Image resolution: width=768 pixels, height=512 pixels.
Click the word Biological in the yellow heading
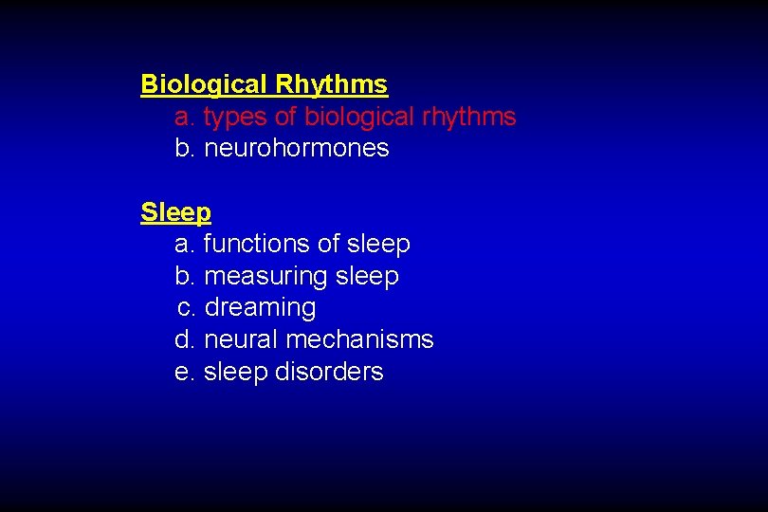(x=204, y=85)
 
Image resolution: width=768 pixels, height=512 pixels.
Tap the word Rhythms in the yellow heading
(x=331, y=85)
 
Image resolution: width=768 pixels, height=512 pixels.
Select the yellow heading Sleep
(x=175, y=211)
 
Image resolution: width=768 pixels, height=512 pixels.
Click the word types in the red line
(x=230, y=118)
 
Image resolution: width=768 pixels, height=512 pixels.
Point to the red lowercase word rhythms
(x=469, y=118)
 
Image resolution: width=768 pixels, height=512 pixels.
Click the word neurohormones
(x=297, y=149)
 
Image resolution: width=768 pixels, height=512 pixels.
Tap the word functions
(x=257, y=245)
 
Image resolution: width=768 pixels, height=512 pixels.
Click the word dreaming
(x=260, y=308)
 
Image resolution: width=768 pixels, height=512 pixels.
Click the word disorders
(x=329, y=372)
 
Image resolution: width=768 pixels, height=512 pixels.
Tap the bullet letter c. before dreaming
(x=187, y=308)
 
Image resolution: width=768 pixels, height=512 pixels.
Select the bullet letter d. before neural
(x=185, y=339)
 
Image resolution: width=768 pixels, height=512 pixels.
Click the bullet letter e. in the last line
(x=185, y=372)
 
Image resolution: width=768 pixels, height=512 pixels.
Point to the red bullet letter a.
(x=185, y=118)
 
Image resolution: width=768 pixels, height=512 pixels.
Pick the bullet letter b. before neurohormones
(x=185, y=149)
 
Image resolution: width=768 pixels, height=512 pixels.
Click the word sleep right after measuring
(x=367, y=277)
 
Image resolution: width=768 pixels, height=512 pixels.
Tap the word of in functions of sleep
(x=328, y=245)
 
